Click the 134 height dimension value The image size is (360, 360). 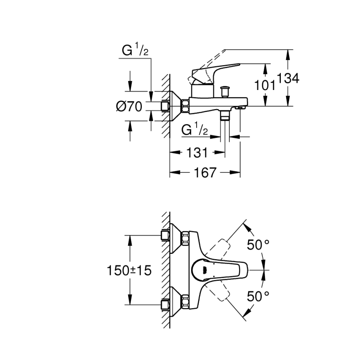coord(288,78)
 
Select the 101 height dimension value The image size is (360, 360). coord(265,85)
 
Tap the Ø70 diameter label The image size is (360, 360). coord(129,107)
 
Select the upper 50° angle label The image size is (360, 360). coord(258,245)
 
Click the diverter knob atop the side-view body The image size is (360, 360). coord(226,90)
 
